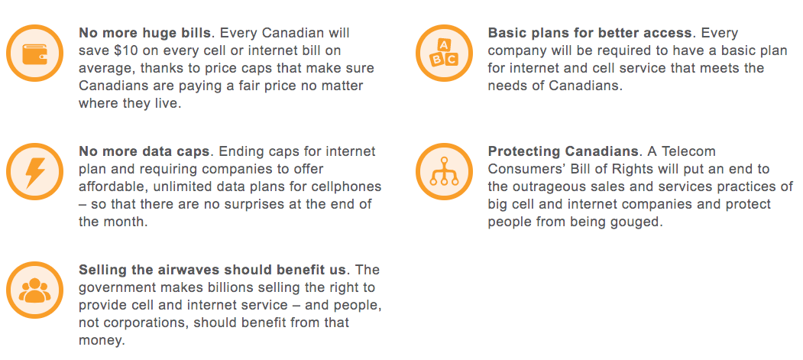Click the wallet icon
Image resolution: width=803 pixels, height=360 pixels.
coord(35,54)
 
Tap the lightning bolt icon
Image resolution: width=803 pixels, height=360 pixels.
coord(35,172)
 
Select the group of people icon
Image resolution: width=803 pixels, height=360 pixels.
coord(35,290)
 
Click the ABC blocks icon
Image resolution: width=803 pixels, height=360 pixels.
coord(444,54)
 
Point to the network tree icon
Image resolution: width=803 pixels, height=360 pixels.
coord(444,171)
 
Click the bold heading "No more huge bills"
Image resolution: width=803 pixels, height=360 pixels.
coord(144,34)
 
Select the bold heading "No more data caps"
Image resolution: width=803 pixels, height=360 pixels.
coord(144,151)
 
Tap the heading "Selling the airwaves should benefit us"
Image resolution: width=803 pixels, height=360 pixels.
coord(212,270)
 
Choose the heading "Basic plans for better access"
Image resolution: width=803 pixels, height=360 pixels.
coord(590,34)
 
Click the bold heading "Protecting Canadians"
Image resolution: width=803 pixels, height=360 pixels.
coord(563,151)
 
